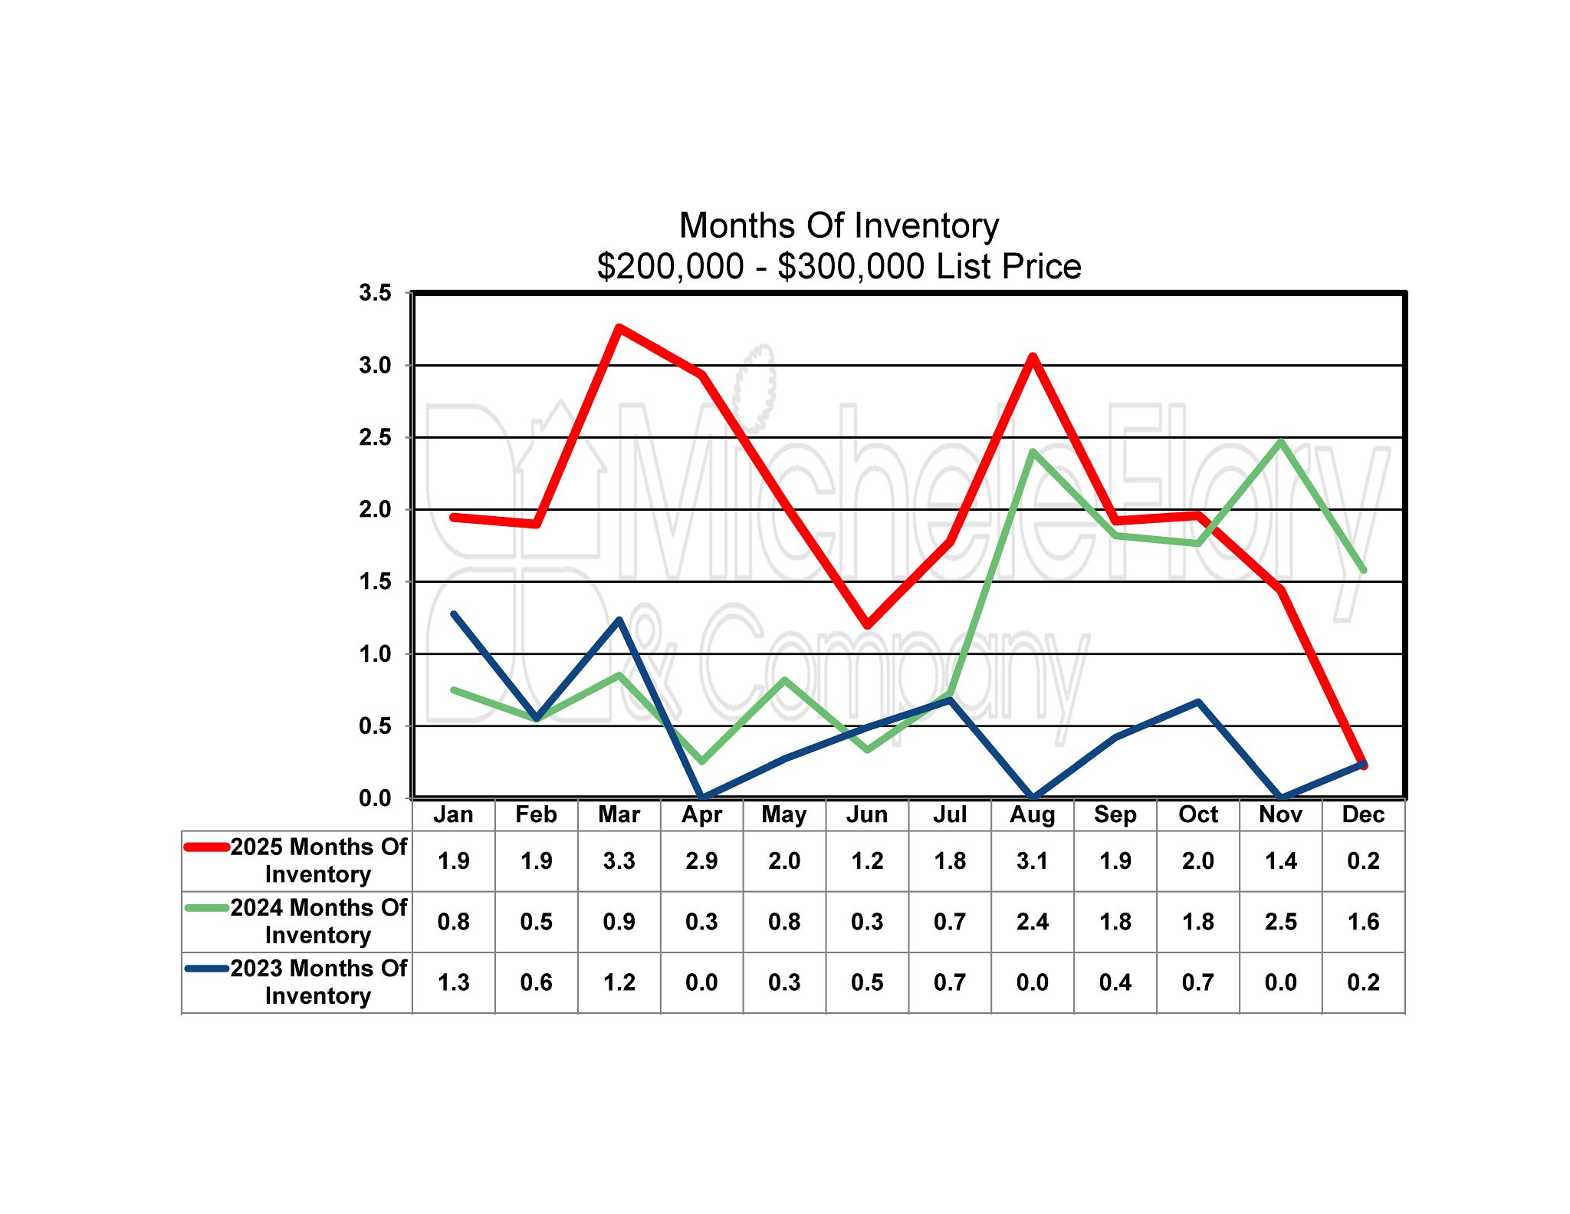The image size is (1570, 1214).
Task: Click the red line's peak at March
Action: pos(619,328)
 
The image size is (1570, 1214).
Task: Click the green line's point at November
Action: pos(1281,442)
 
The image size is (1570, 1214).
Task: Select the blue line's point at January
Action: pos(454,614)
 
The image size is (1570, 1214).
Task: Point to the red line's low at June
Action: pos(867,625)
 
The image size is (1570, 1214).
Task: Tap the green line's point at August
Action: pos(1033,452)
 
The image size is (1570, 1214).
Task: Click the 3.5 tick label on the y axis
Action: pos(375,292)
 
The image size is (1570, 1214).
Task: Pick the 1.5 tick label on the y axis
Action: pos(375,581)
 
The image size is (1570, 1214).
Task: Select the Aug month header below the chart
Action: pos(1033,814)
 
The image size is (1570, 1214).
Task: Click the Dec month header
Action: pos(1363,814)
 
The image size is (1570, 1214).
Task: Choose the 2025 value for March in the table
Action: pos(619,861)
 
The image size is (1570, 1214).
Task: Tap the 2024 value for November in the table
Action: pos(1281,922)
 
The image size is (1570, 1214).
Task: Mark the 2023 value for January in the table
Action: pos(454,982)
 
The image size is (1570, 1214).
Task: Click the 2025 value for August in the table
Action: pos(1033,861)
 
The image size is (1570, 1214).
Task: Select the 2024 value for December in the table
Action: pos(1363,922)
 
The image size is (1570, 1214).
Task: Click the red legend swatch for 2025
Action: pos(207,847)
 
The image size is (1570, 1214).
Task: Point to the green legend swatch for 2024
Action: pos(207,908)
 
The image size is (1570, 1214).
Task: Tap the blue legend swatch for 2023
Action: pos(207,969)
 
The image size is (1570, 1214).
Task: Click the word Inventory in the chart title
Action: pos(926,225)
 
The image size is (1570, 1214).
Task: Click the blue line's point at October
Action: pos(1198,702)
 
